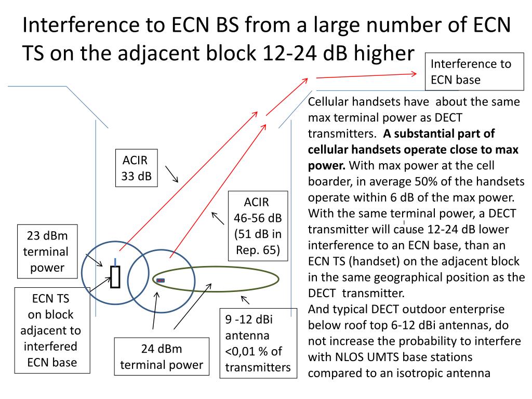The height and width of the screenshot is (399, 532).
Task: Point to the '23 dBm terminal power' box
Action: pyautogui.click(x=48, y=251)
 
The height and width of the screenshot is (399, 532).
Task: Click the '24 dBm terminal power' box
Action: pyautogui.click(x=162, y=356)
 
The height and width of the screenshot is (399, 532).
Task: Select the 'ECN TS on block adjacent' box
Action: pyautogui.click(x=51, y=330)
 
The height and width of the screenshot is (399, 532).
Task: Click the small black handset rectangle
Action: pyautogui.click(x=115, y=276)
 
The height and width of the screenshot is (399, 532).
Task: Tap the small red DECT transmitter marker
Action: pyautogui.click(x=161, y=281)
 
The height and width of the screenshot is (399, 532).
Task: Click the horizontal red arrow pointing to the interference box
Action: pyautogui.click(x=366, y=76)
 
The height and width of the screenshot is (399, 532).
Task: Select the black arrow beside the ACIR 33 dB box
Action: pyautogui.click(x=172, y=175)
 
